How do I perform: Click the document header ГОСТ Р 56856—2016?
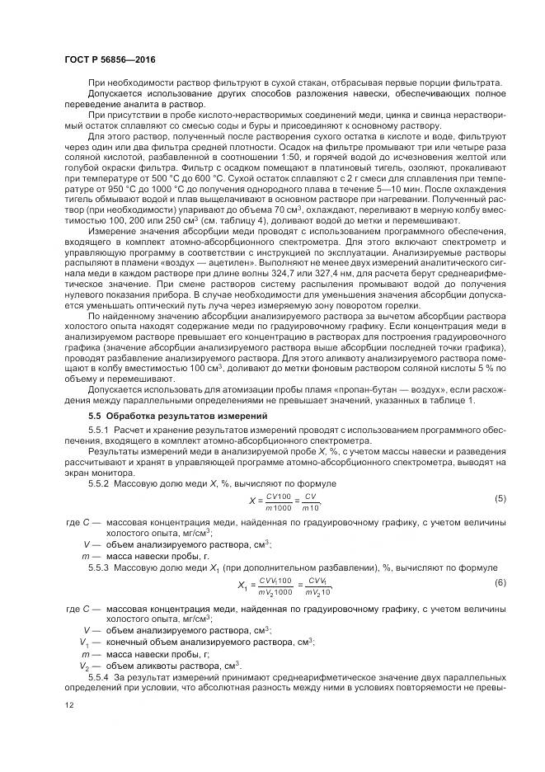tap(109, 61)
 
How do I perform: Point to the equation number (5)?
tap(500, 500)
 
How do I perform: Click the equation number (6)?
tap(500, 583)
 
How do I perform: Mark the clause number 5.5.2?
tap(99, 482)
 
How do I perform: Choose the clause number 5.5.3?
tap(99, 567)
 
